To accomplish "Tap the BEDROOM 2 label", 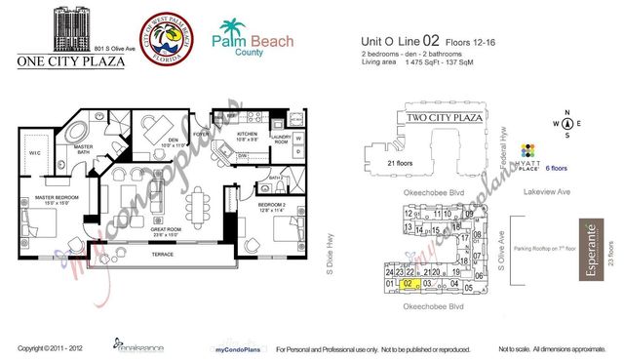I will [271, 205].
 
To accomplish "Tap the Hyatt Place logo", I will [529, 156].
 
